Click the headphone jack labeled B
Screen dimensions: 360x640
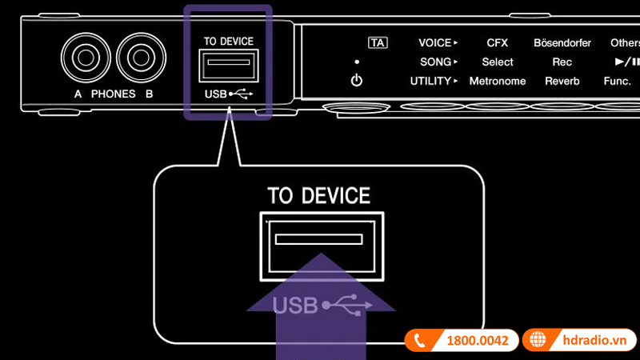click(x=139, y=59)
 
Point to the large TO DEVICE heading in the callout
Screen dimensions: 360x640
click(x=318, y=195)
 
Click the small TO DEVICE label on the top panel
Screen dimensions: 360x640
click(x=228, y=42)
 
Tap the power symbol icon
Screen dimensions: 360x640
click(x=357, y=80)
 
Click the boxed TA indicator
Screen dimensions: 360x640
click(x=377, y=42)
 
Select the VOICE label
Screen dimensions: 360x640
click(x=435, y=42)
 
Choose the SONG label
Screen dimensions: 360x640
click(x=435, y=62)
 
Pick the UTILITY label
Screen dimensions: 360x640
click(x=432, y=81)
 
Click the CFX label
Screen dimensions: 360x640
click(x=497, y=42)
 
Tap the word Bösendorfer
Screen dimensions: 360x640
click(x=562, y=42)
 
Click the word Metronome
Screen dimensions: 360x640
click(x=497, y=81)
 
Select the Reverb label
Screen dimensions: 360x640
click(x=562, y=81)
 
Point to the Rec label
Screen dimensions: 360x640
click(x=562, y=62)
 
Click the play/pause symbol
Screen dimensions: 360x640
click(x=626, y=62)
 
